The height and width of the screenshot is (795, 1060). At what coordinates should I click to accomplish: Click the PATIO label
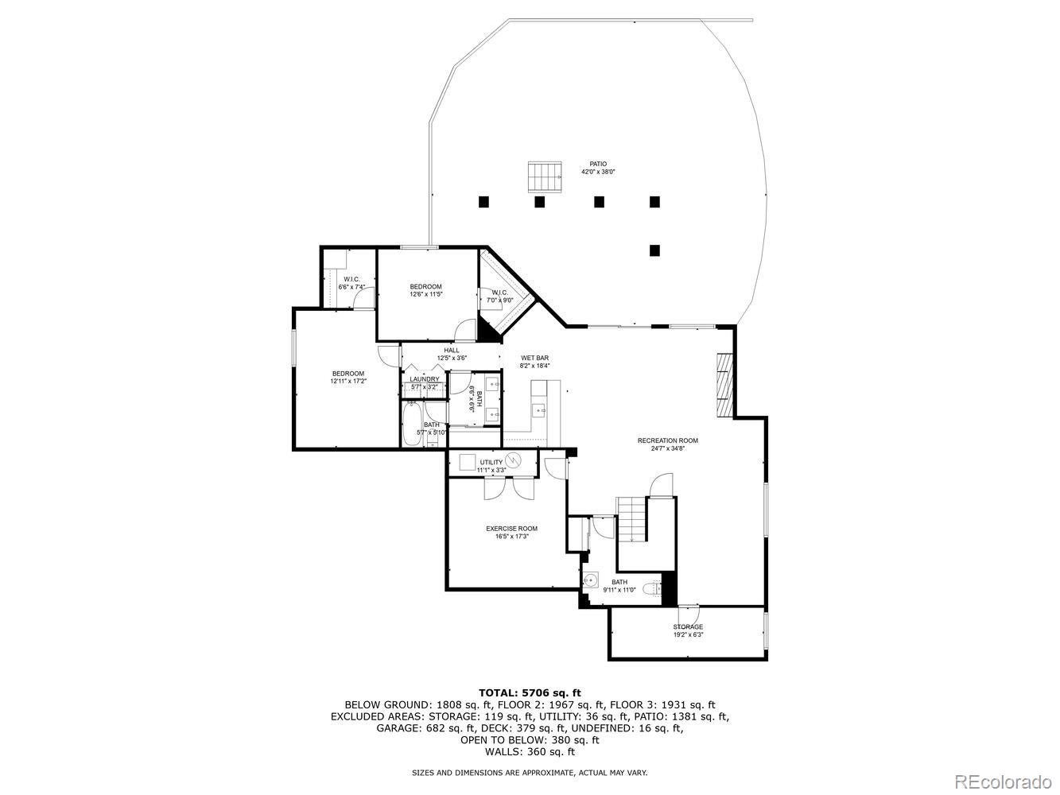pos(597,164)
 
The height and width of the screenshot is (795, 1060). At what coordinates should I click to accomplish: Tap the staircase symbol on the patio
pos(545,176)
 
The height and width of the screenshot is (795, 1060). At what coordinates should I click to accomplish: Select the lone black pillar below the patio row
pos(654,250)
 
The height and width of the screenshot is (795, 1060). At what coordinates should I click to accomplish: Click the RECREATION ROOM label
pos(667,440)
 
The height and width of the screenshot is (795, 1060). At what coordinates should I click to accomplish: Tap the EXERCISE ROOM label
pos(511,529)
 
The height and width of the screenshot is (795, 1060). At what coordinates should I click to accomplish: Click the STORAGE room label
pos(688,626)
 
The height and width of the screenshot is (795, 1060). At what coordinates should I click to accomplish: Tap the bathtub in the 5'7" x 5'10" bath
pos(411,425)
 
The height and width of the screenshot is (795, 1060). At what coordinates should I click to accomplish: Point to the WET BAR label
pos(534,358)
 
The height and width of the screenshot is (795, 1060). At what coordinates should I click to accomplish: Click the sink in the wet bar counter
pos(538,411)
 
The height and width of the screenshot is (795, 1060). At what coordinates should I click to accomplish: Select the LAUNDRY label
pos(424,379)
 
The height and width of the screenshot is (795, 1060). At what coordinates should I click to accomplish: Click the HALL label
pos(451,350)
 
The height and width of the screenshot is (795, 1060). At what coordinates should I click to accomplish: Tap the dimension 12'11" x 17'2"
pos(348,382)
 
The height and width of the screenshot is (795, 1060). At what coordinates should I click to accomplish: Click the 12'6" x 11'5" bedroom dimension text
pos(425,294)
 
